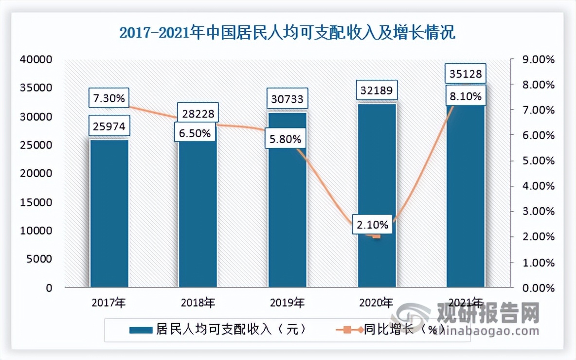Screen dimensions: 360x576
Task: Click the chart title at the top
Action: pos(287,34)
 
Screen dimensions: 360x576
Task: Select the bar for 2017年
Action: pos(109,214)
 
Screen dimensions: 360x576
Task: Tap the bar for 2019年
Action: pos(287,214)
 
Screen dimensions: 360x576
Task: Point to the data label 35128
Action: pos(466,74)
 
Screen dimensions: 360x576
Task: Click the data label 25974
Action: pos(109,127)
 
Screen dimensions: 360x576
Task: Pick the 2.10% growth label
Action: pos(372,225)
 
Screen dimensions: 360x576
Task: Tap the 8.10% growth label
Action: pos(466,97)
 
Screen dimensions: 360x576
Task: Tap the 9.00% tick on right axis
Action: pos(539,59)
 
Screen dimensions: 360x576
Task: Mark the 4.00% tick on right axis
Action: pos(539,186)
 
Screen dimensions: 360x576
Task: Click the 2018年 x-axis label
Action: pos(198,303)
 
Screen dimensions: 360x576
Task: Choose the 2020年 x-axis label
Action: pos(376,303)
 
